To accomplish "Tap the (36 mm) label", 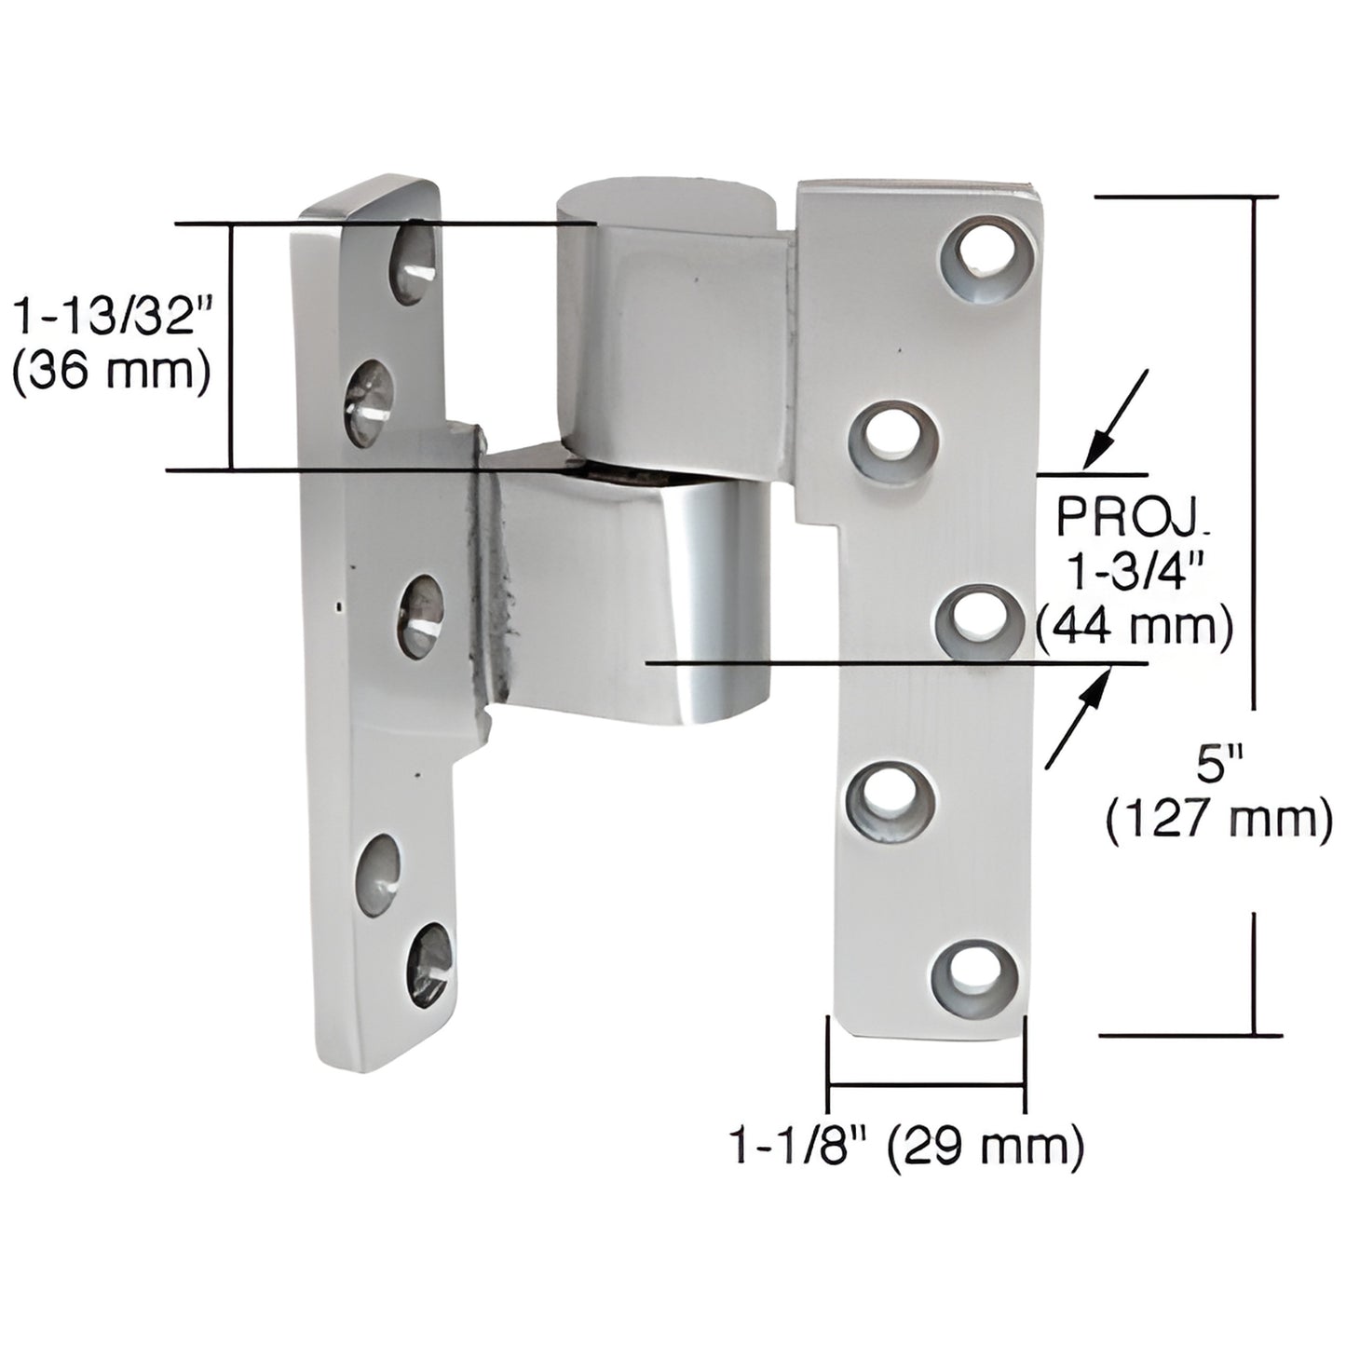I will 111,373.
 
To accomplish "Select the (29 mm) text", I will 984,1145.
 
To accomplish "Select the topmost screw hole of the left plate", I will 412,264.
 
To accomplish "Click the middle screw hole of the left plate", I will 421,614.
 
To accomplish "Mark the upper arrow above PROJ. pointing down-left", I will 1116,416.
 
